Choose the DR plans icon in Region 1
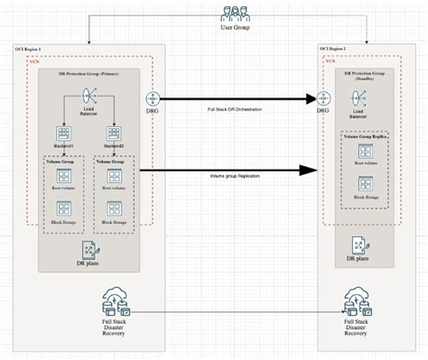click(91, 250)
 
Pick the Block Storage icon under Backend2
click(115, 210)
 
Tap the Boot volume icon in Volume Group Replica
click(366, 153)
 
